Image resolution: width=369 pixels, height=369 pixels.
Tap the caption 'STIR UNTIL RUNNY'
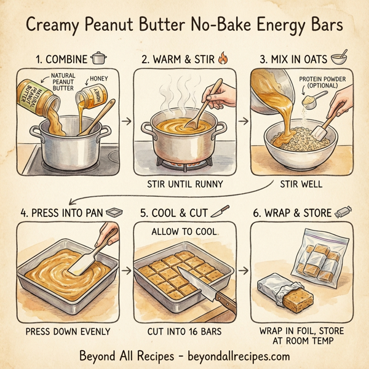[x=184, y=183]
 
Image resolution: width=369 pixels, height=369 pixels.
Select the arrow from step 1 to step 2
[x=126, y=121]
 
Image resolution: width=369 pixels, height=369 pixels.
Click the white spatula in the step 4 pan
[x=85, y=261]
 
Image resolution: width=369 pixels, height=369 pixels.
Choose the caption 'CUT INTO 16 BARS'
[x=184, y=331]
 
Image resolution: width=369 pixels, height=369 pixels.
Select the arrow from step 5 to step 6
[x=244, y=270]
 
